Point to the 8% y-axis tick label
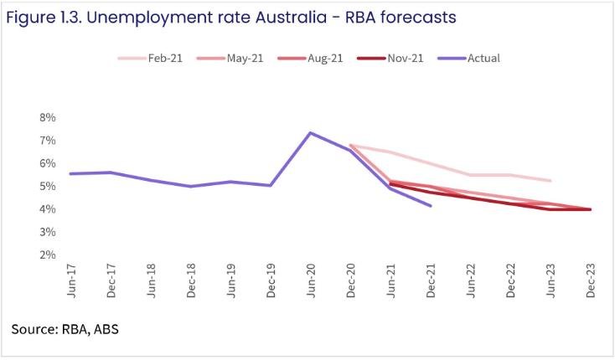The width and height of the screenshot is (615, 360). point(47,117)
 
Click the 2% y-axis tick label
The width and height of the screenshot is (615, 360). point(47,255)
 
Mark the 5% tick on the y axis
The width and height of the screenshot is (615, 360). point(47,186)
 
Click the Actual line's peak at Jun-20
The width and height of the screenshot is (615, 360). point(311,132)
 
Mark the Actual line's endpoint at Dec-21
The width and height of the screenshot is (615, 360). point(431,205)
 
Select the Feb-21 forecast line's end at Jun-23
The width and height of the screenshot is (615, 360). point(550,181)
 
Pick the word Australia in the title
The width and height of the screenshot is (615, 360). point(276,16)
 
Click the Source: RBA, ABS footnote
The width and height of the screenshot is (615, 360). point(65,329)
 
